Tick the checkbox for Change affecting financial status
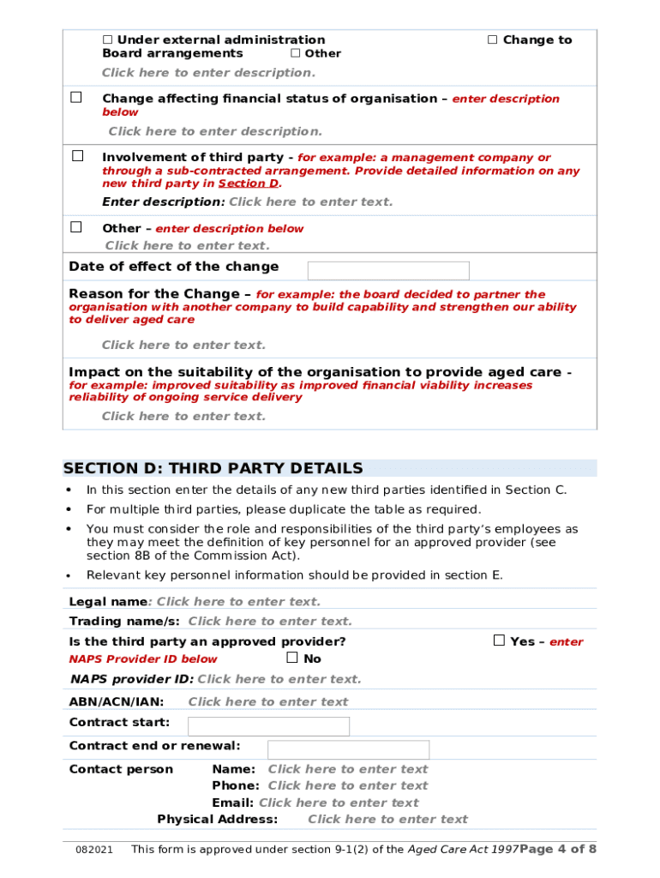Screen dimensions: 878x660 (76, 98)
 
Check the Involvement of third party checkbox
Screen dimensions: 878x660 (77, 156)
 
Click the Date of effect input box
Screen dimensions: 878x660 (387, 270)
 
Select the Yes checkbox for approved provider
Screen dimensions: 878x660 (499, 640)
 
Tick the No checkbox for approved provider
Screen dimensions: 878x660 (292, 658)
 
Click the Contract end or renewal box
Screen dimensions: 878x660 (348, 749)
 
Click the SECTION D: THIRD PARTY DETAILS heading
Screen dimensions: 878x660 (213, 468)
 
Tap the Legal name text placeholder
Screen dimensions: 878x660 (238, 602)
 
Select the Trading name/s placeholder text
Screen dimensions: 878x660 (270, 622)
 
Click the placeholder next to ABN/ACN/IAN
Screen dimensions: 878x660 (268, 702)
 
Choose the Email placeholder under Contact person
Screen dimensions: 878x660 (339, 803)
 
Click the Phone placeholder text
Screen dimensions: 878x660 (347, 785)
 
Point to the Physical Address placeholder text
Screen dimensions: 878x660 (387, 820)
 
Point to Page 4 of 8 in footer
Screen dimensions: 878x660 (557, 849)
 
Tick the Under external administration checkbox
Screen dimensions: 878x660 (108, 39)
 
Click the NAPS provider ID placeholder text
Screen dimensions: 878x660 (279, 679)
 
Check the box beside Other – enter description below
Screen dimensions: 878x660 (76, 227)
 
